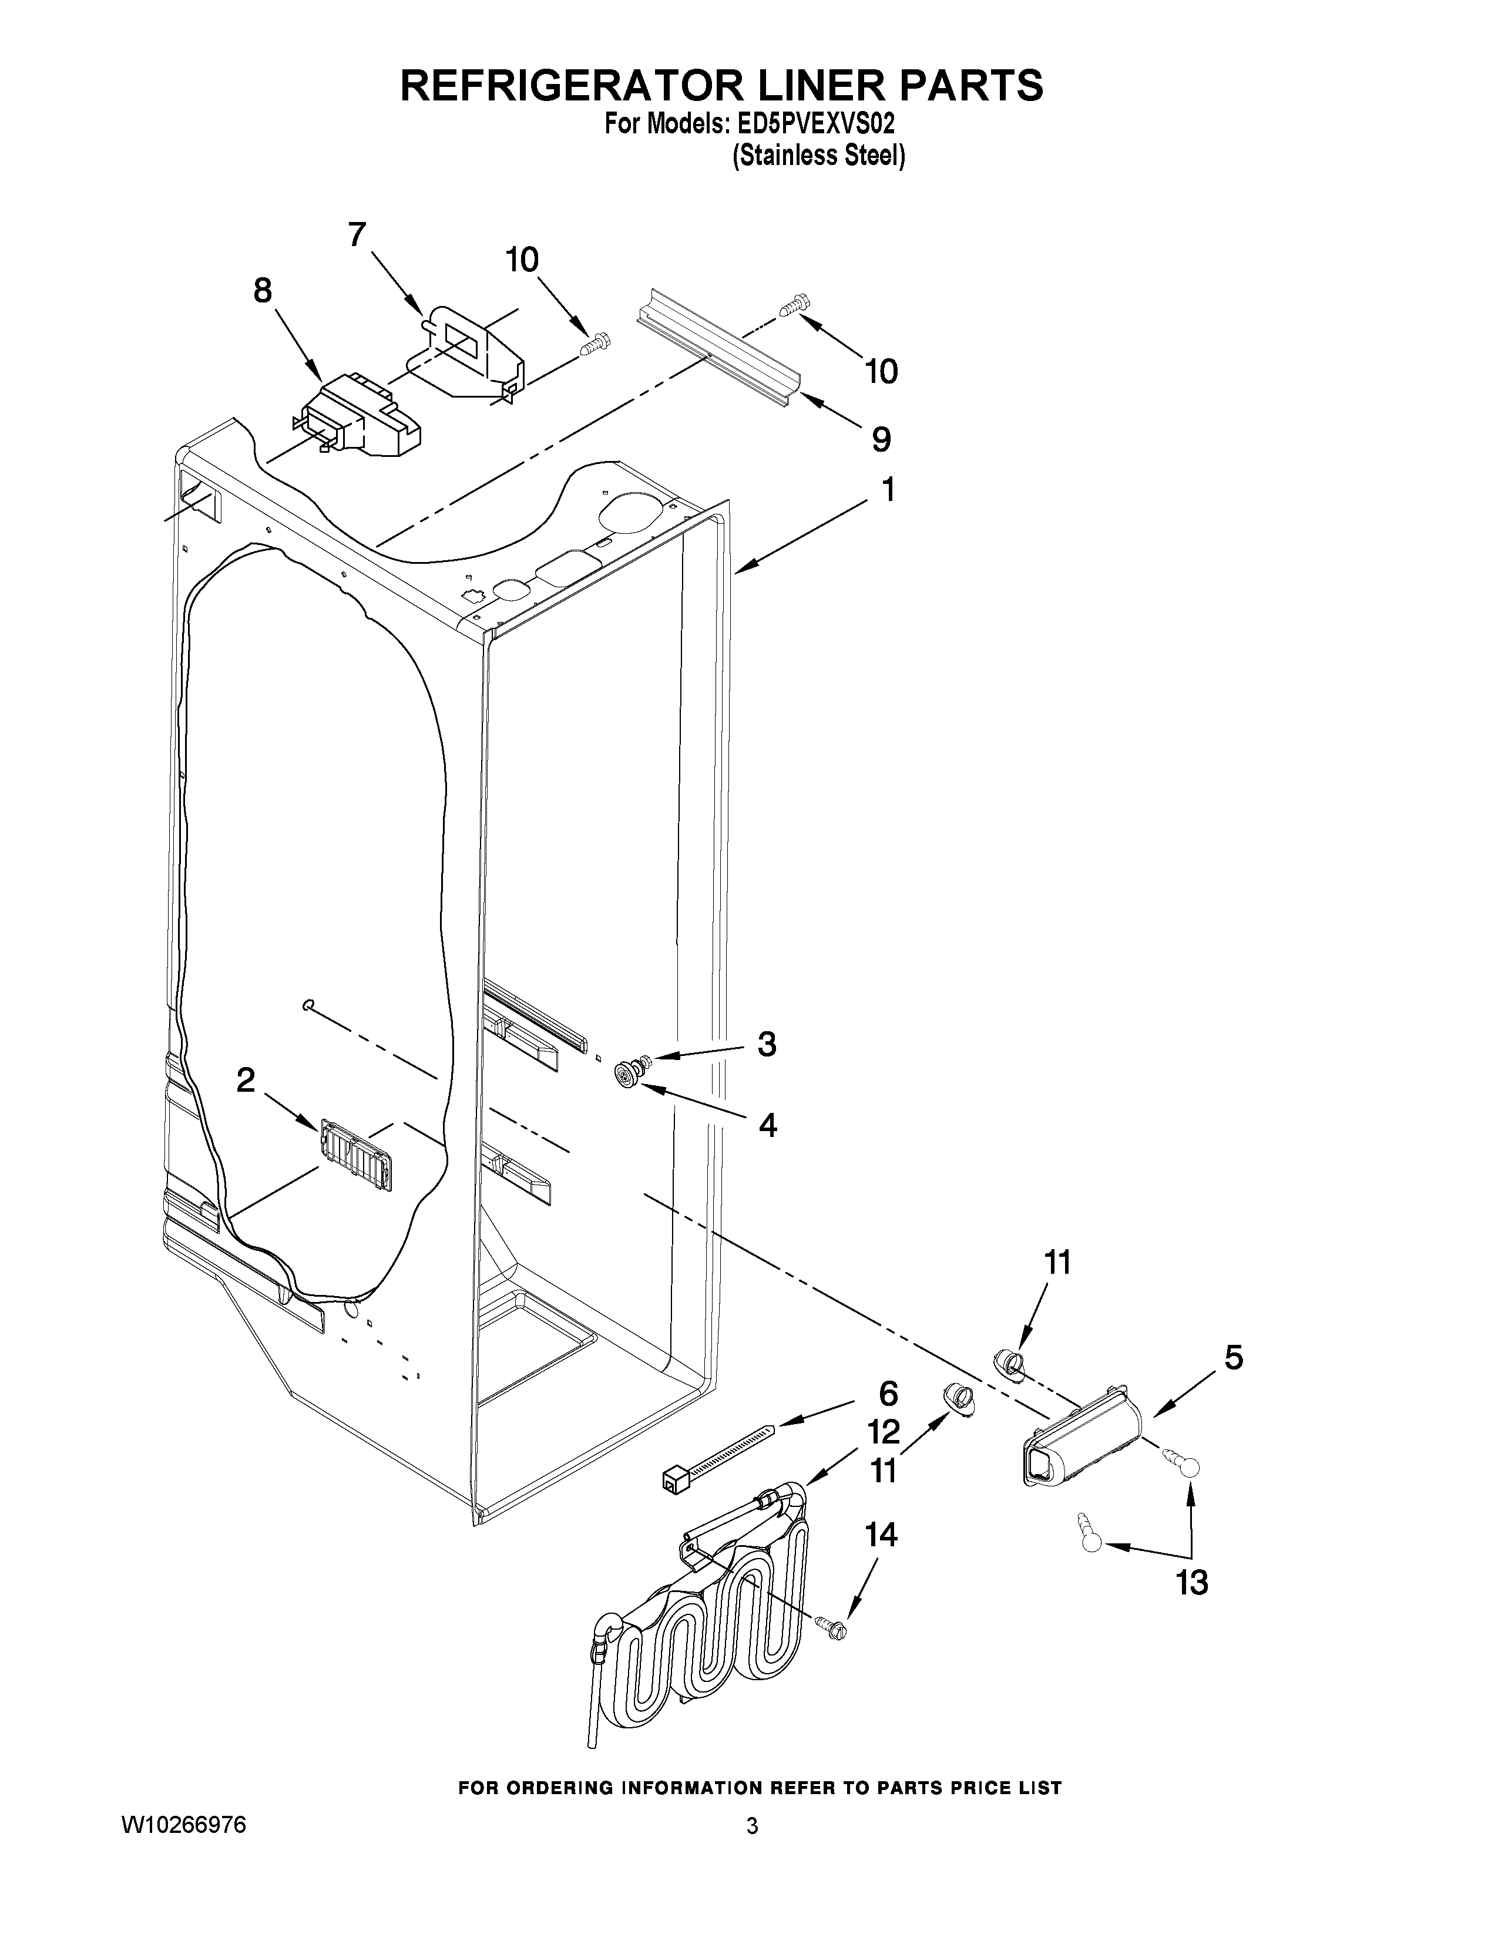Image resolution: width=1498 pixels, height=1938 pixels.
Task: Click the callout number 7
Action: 356,235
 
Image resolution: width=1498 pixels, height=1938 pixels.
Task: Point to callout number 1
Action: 886,490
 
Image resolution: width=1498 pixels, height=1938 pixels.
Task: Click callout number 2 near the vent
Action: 245,1080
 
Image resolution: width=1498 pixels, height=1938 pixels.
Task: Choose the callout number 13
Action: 1193,1582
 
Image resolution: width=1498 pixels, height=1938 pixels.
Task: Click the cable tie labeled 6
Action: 714,1460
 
